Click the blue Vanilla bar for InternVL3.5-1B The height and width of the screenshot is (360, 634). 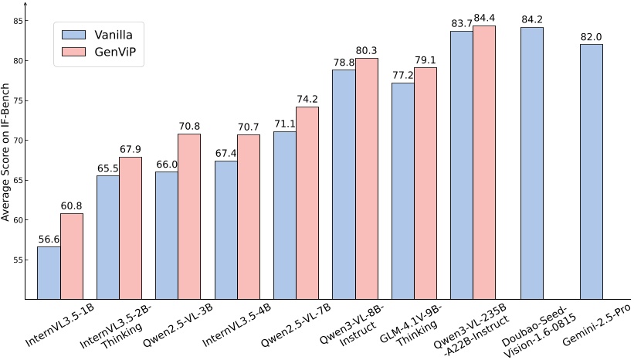point(49,273)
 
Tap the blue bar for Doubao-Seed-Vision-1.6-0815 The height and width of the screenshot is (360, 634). point(531,163)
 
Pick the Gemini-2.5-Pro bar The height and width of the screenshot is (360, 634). point(591,172)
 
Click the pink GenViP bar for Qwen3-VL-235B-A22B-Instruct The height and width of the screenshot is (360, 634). point(484,162)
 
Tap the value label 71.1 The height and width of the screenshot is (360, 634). point(284,124)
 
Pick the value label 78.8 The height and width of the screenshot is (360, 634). point(344,63)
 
